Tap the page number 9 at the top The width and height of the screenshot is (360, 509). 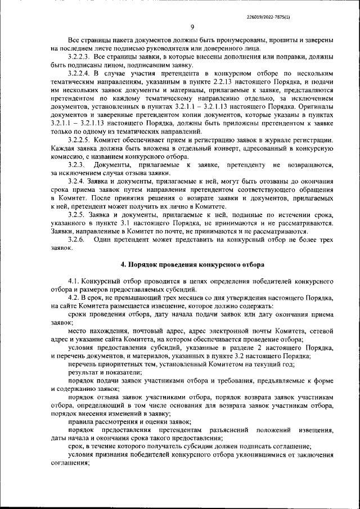point(192,28)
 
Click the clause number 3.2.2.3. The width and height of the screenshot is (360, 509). point(79,57)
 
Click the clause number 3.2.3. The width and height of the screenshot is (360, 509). point(76,164)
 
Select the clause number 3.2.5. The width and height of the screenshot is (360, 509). point(76,215)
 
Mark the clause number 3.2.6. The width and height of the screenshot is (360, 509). point(76,240)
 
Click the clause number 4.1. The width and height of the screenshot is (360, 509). point(73,280)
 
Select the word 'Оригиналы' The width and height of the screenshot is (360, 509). point(313,106)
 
